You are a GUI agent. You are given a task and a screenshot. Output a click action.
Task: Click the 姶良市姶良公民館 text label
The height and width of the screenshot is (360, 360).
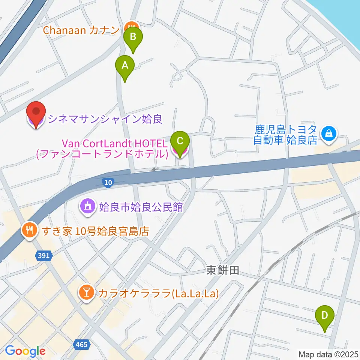(141, 207)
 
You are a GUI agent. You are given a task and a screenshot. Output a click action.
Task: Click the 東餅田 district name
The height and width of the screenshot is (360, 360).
(222, 270)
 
